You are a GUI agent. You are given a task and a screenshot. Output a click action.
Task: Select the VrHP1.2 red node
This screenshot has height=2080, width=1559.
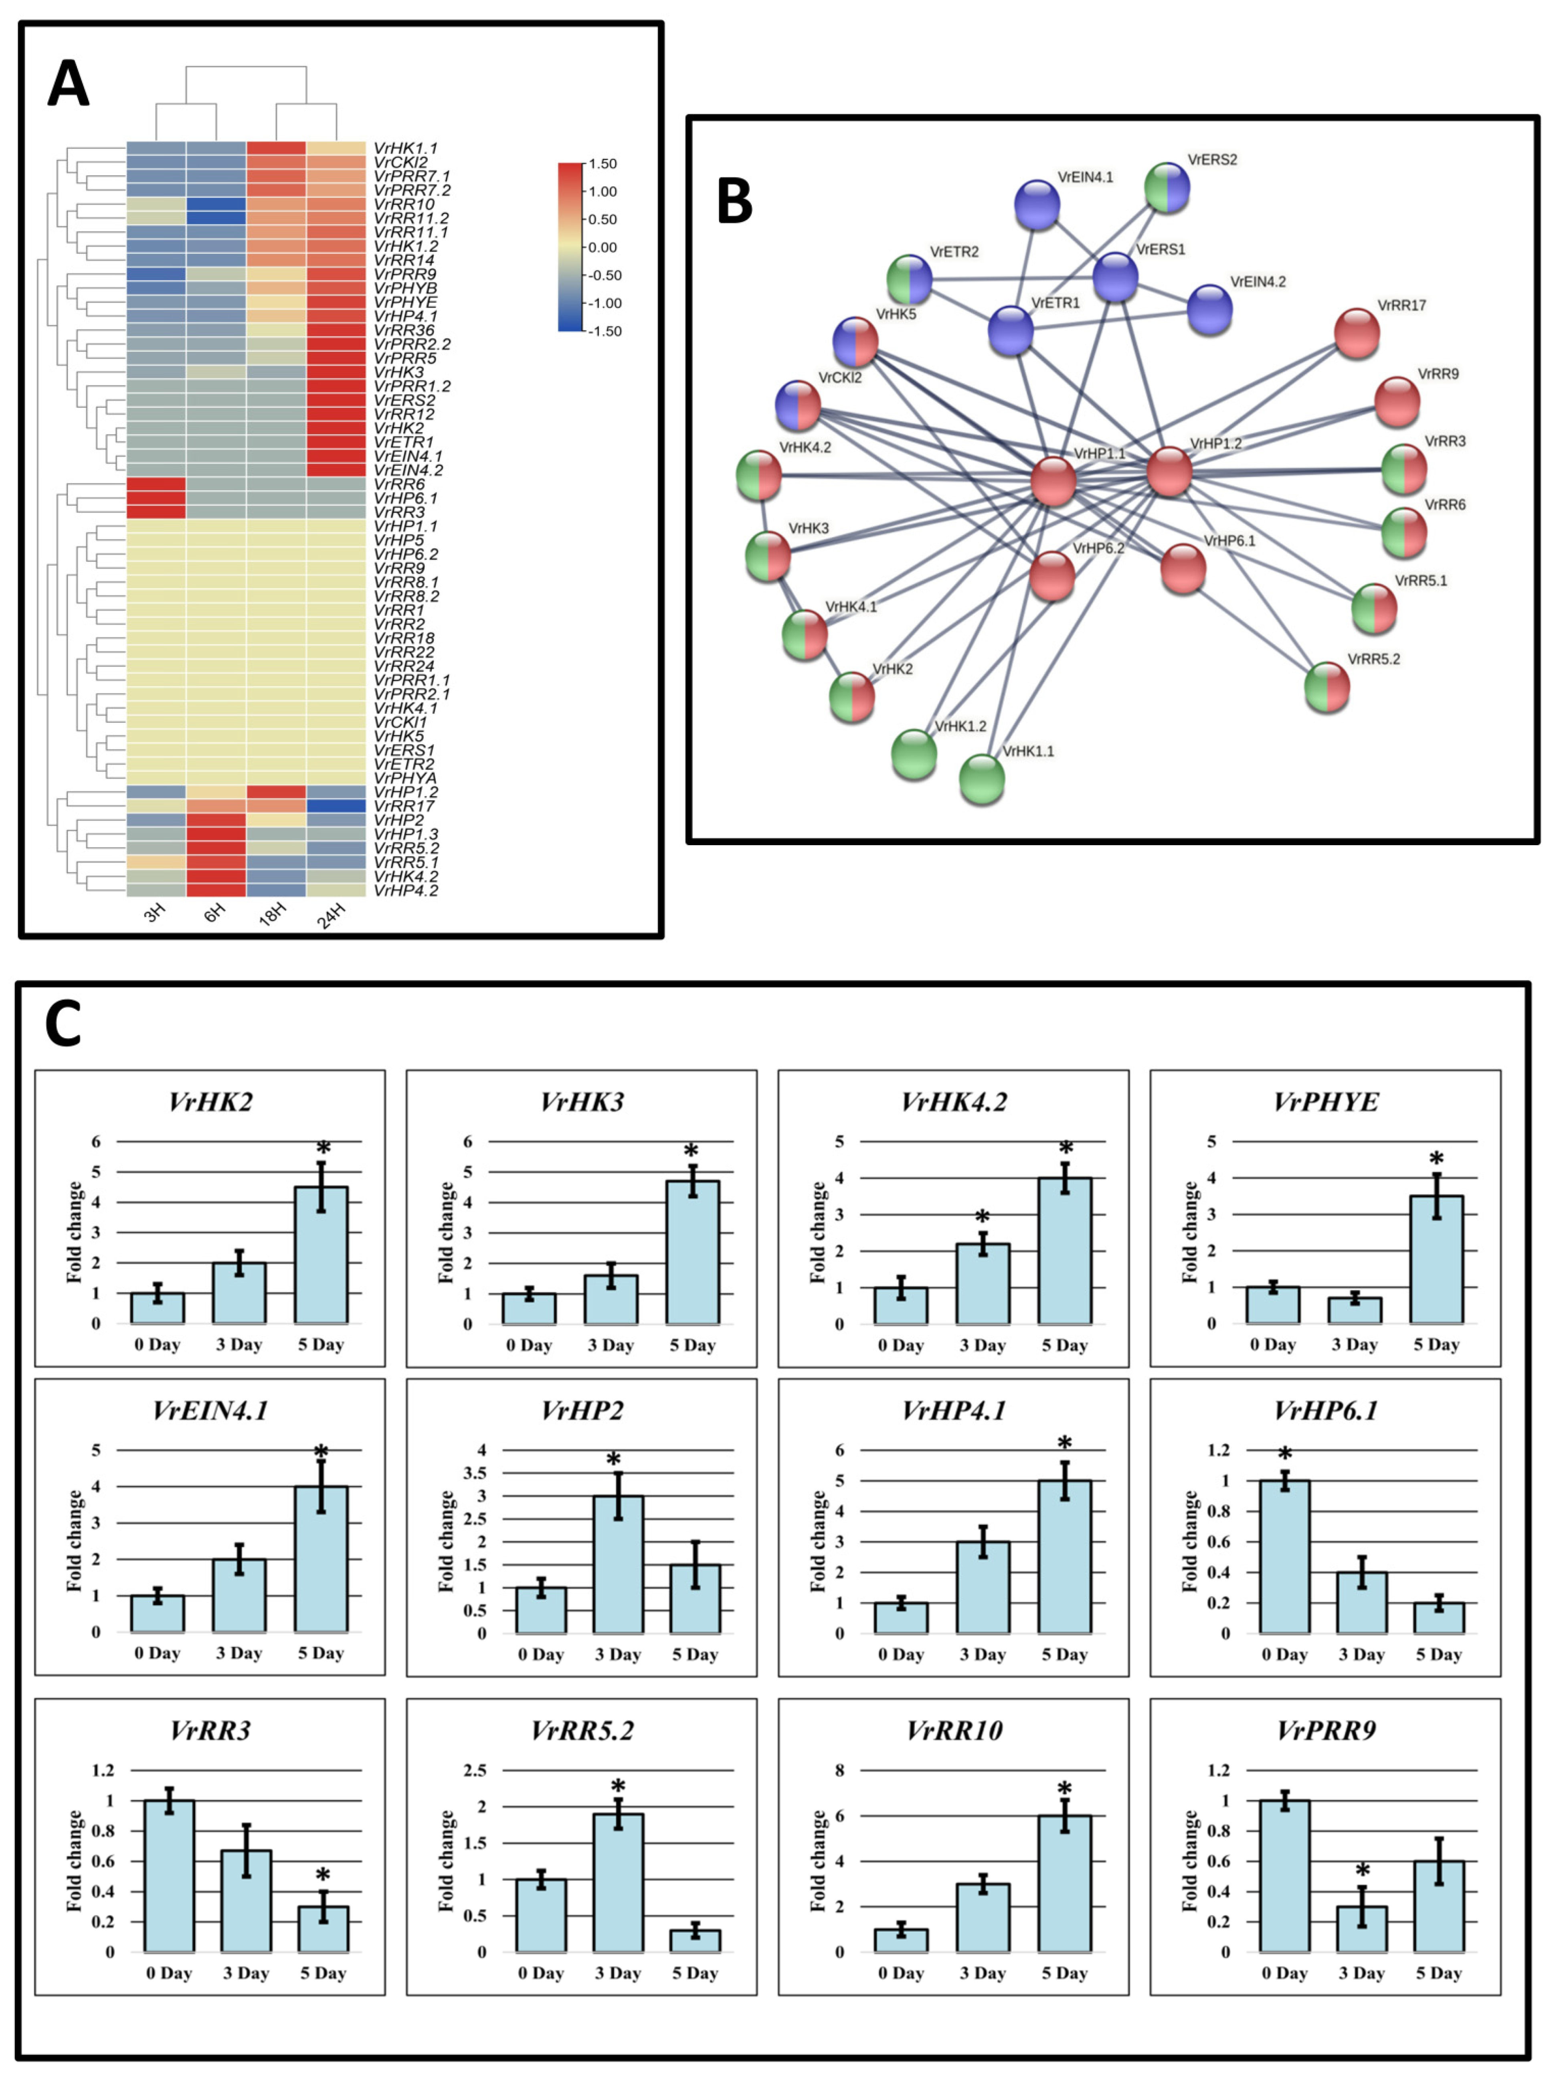click(x=1169, y=471)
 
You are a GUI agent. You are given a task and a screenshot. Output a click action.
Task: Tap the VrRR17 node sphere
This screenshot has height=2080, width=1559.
click(x=1356, y=333)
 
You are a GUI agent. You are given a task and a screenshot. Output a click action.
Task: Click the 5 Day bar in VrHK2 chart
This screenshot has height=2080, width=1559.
click(x=321, y=1255)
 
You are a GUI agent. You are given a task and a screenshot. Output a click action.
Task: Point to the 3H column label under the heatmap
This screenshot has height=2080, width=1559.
click(x=155, y=912)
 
